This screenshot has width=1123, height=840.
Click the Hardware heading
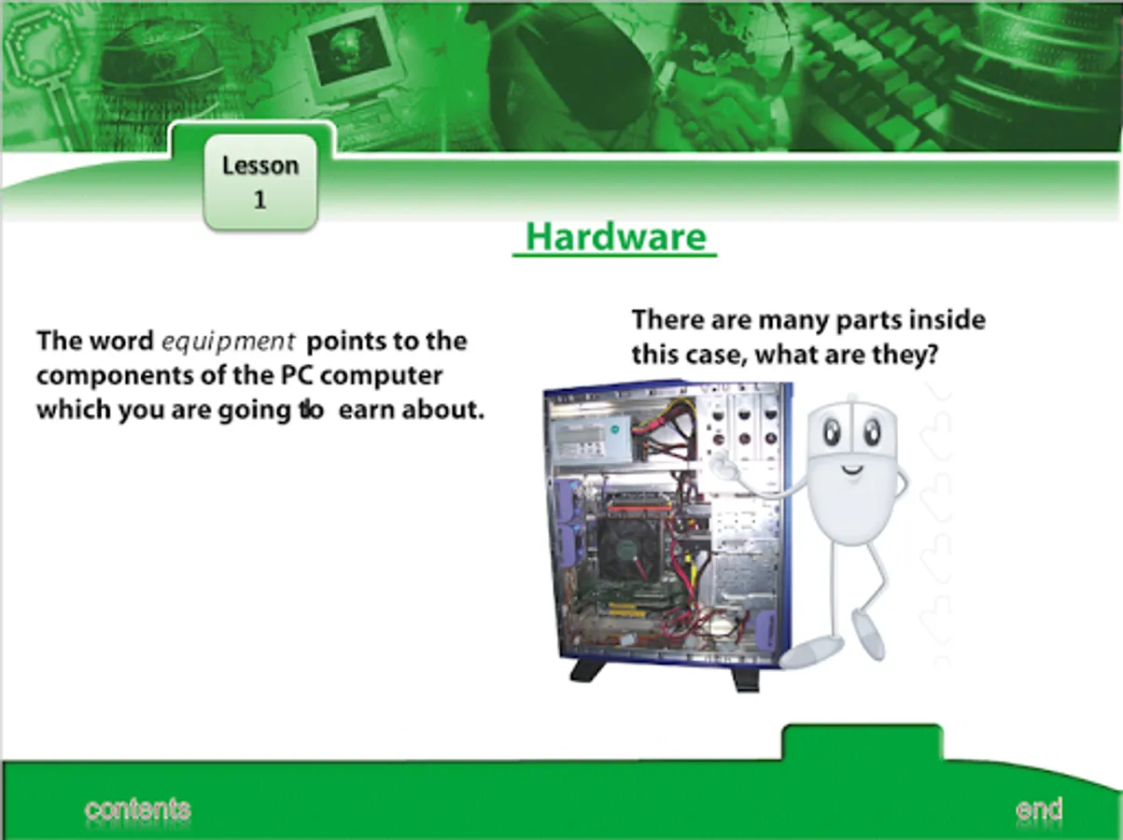pos(616,237)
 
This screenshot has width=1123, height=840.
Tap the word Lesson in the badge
pos(260,166)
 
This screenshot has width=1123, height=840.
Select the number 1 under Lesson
pos(260,200)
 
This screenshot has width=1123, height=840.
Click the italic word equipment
pos(228,343)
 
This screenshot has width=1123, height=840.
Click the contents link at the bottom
pos(137,810)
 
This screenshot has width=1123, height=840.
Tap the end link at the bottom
pos(1039,809)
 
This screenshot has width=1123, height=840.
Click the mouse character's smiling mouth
pos(852,470)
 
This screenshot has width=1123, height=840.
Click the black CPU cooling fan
pos(627,549)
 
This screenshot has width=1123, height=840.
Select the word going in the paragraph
pos(255,412)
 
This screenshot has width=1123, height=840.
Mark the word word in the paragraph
pos(123,342)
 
